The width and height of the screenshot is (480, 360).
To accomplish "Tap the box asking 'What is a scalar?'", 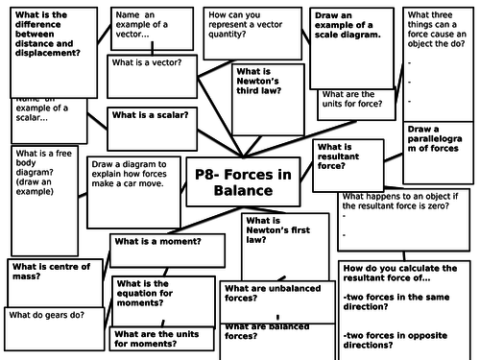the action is click(x=149, y=114).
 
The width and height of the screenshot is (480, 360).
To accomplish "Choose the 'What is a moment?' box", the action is click(x=156, y=241).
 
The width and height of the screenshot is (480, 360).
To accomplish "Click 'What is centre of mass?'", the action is click(x=50, y=272).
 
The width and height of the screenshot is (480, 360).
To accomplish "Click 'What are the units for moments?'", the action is click(x=163, y=338).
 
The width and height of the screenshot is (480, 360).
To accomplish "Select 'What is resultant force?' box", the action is click(x=337, y=159).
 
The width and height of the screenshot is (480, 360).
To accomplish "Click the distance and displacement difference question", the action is click(x=50, y=34).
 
